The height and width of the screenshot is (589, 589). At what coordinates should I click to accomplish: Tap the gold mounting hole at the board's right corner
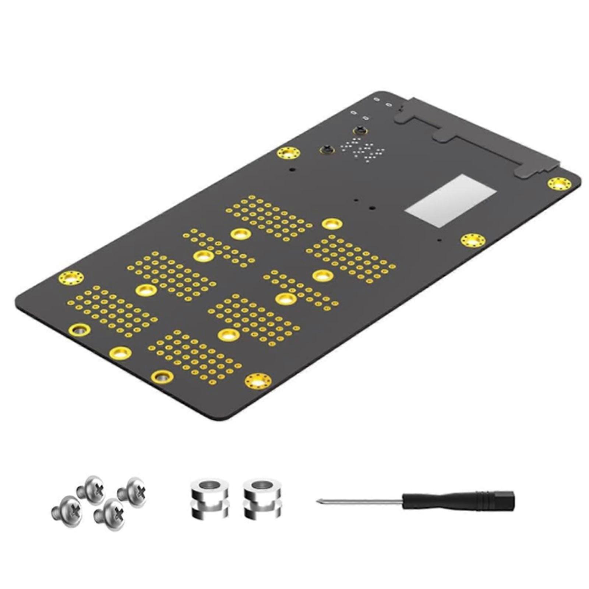[559, 184]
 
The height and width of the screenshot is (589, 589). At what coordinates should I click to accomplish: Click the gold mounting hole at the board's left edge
[71, 277]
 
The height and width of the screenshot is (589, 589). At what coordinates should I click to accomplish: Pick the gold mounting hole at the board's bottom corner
[258, 380]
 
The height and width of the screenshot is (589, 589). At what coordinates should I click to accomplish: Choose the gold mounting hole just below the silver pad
[473, 240]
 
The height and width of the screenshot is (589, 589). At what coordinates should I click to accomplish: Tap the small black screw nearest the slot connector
[360, 130]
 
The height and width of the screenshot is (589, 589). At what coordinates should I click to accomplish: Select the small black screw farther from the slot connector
[326, 149]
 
